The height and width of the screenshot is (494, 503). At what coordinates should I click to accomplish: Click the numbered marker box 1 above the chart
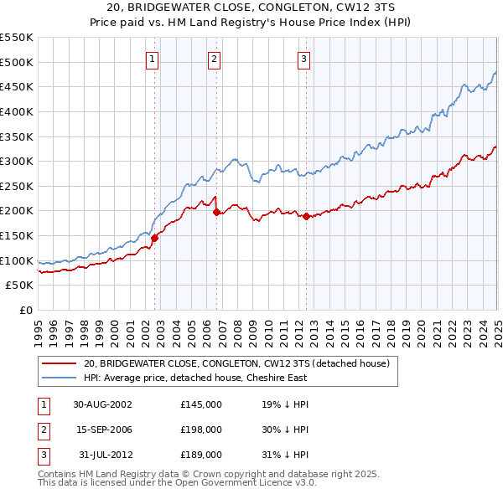153,59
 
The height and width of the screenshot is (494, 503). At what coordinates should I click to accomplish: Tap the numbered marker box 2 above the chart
215,59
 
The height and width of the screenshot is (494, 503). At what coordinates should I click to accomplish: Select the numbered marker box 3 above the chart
303,59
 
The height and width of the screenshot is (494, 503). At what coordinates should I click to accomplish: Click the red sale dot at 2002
155,238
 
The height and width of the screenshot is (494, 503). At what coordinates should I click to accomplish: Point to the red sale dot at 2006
217,212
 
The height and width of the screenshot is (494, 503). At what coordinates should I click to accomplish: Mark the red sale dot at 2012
306,216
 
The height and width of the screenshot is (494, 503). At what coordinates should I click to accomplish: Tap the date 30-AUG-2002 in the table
102,404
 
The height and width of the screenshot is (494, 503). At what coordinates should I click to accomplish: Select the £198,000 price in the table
201,430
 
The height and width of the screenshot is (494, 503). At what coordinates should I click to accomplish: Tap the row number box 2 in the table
41,430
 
